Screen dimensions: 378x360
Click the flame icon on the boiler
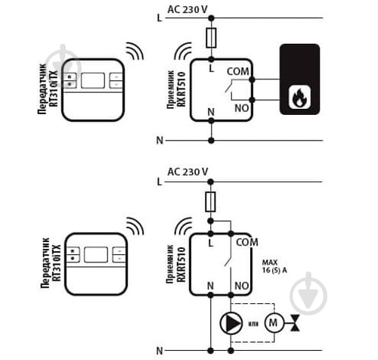(299, 98)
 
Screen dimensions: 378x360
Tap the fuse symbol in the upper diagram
(211, 38)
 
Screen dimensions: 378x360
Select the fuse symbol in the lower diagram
(210, 201)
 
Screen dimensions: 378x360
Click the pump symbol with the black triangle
(231, 323)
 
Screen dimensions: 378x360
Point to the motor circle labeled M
(274, 323)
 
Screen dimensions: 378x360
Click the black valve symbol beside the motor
(295, 323)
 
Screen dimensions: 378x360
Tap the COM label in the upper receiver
(237, 72)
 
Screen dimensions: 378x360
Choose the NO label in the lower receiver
(242, 286)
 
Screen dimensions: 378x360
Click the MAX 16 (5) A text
(274, 266)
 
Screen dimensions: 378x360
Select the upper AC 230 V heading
(187, 10)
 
